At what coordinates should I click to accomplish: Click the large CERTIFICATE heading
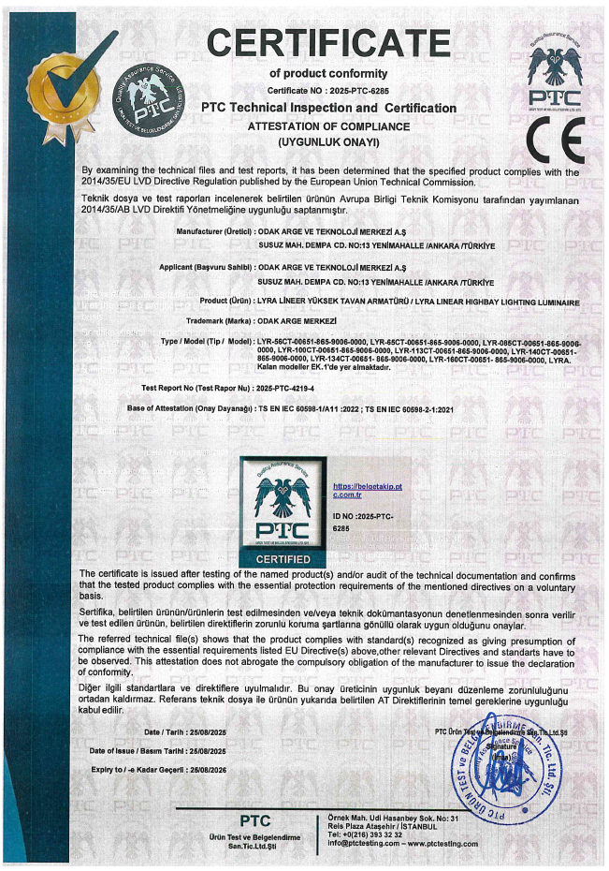coord(328,42)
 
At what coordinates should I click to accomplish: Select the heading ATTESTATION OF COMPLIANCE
coord(327,126)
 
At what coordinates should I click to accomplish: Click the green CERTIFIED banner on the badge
coord(283,558)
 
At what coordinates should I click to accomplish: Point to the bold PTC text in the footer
coord(254,819)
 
